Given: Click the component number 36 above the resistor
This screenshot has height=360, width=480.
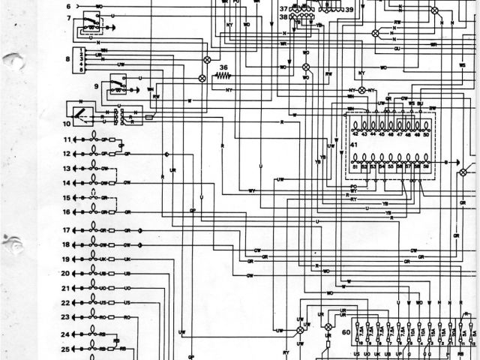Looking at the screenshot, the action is click(x=223, y=68).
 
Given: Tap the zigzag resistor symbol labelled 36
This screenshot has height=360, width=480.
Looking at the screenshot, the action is click(x=223, y=76).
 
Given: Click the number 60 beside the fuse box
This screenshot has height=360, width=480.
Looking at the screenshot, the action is click(x=346, y=331).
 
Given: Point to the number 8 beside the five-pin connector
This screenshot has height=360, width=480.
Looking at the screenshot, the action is click(x=67, y=58).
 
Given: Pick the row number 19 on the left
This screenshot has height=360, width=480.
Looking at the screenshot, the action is click(x=66, y=259).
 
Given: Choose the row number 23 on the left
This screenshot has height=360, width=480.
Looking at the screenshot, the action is click(x=66, y=318).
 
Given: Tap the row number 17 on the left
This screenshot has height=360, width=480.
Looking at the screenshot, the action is click(x=66, y=230).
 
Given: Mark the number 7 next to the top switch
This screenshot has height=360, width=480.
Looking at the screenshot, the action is click(x=68, y=17).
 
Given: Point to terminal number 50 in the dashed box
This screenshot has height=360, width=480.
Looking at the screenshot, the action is click(x=427, y=134).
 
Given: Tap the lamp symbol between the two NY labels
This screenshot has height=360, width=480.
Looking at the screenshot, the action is click(x=362, y=90).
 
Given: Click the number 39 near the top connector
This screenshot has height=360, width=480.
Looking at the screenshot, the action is click(x=349, y=9).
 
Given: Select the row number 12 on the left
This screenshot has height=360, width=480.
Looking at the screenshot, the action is click(x=66, y=154).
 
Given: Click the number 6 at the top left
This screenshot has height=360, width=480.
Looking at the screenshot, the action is click(x=68, y=6).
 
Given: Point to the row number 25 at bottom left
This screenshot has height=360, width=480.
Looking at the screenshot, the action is click(x=66, y=349).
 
